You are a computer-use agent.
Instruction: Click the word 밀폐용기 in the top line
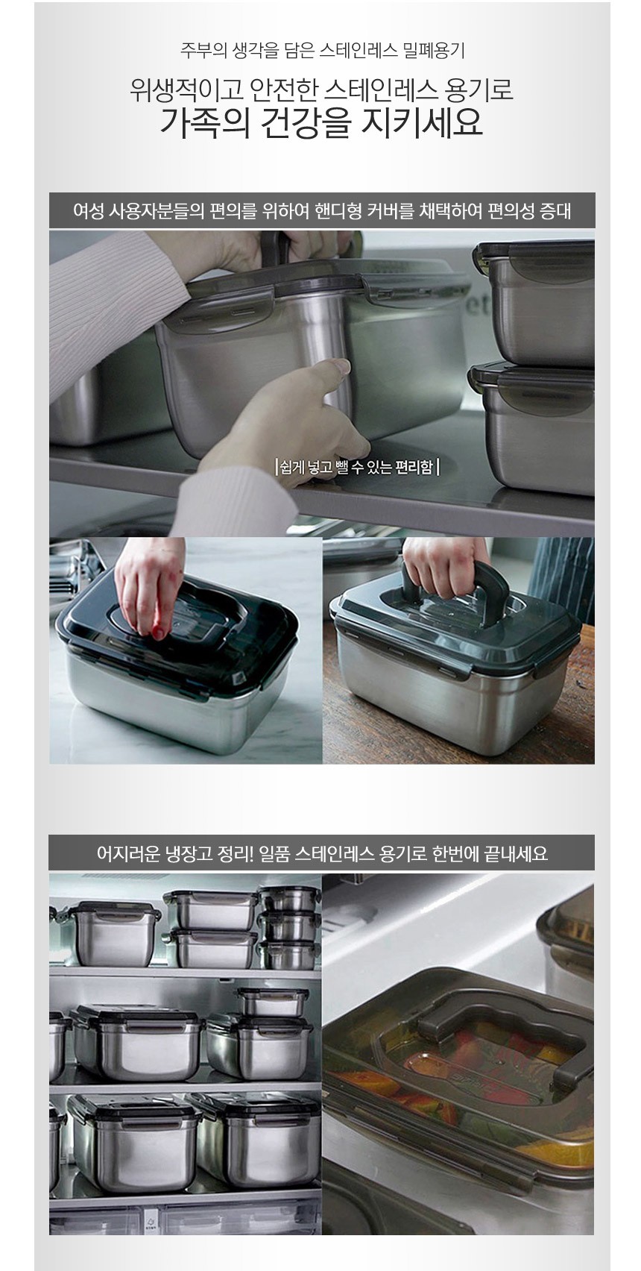point(433,51)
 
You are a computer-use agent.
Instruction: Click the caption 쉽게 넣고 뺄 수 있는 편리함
point(357,467)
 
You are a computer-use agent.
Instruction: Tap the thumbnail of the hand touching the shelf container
point(322,383)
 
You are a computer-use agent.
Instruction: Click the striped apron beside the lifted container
point(564,573)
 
